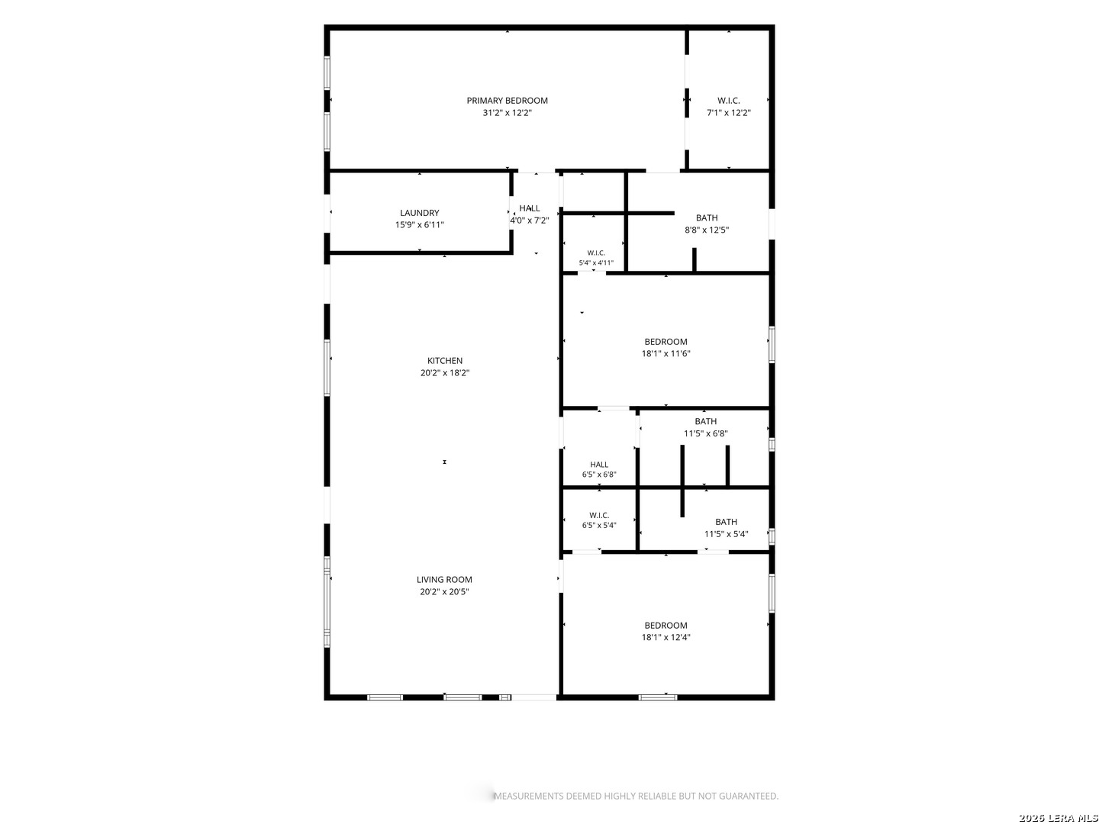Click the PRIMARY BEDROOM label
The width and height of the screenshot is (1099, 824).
[507, 101]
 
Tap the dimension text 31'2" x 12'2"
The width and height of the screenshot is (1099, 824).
[507, 113]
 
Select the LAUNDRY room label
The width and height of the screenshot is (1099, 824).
[419, 213]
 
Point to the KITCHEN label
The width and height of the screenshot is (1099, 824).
[445, 360]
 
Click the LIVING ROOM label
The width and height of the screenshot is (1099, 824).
[444, 579]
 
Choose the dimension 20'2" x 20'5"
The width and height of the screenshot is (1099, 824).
[444, 591]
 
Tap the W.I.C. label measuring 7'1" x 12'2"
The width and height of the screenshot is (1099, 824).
[728, 101]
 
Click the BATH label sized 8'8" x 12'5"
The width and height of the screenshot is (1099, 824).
[707, 217]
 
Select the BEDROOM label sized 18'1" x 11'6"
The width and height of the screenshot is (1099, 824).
[666, 342]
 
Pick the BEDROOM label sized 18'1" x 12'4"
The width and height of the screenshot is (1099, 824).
[666, 625]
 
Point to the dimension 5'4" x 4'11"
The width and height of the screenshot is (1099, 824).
[596, 262]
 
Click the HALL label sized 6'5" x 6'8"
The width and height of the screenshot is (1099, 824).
[599, 465]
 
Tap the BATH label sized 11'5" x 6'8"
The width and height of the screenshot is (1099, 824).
[705, 421]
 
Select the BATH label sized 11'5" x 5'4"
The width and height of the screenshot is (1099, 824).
[726, 522]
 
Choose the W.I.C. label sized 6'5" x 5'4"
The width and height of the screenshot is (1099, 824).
[599, 515]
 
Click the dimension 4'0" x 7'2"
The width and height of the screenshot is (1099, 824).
[529, 220]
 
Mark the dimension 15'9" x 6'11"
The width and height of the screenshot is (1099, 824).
[419, 224]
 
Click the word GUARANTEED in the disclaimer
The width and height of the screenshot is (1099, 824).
[749, 796]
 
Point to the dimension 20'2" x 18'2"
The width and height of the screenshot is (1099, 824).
[445, 373]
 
